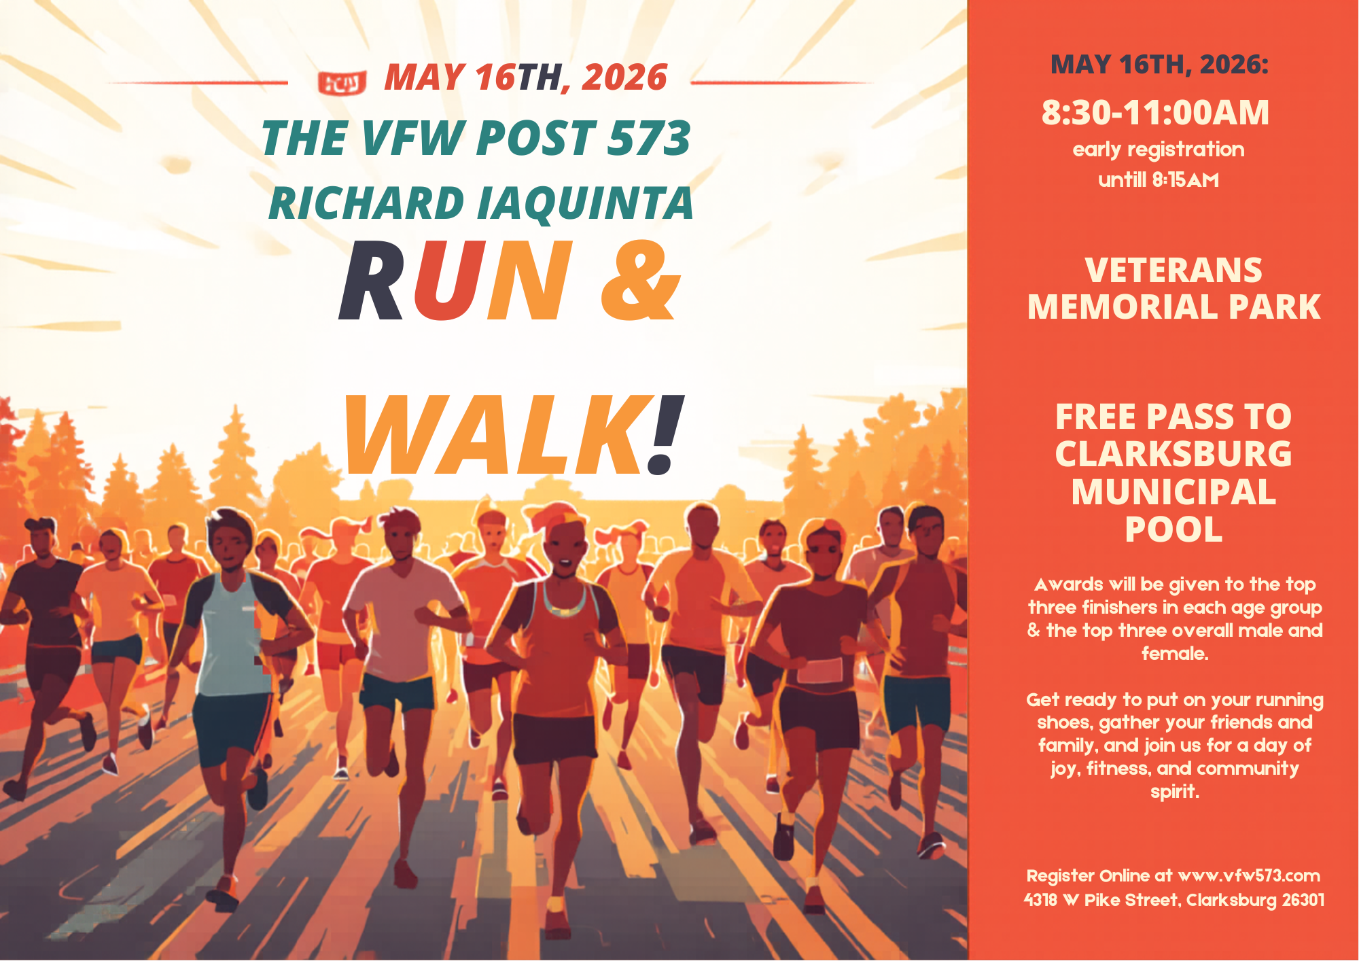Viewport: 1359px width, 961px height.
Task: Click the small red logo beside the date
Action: click(342, 83)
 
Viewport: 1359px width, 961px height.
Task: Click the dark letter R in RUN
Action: click(372, 280)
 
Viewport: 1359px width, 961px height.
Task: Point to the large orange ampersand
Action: click(640, 280)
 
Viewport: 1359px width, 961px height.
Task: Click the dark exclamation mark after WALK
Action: click(665, 435)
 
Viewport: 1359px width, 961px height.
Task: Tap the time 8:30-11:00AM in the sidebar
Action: click(1155, 113)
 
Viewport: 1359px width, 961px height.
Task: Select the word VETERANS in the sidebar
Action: click(1173, 270)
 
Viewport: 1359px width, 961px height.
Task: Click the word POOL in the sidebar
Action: click(1173, 529)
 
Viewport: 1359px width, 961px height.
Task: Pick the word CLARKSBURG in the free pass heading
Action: click(1173, 454)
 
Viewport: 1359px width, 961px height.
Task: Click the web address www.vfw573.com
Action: click(1249, 876)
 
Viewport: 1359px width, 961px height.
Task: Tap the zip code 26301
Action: click(1303, 900)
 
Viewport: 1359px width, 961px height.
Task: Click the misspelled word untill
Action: click(1122, 180)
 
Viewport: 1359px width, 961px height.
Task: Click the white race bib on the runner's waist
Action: click(820, 671)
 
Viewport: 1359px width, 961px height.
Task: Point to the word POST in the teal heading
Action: click(536, 139)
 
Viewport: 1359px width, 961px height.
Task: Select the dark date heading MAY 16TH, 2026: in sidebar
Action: click(1159, 65)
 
